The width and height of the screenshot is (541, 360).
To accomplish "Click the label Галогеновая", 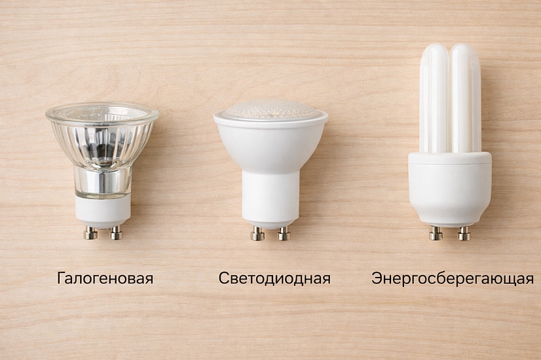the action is (105, 278).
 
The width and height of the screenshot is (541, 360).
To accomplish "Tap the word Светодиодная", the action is (274, 278).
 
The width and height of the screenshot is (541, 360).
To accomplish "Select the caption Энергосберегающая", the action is (453, 279).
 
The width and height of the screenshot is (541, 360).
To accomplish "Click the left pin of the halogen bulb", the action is (90, 233).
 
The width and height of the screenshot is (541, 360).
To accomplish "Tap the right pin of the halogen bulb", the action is (117, 233).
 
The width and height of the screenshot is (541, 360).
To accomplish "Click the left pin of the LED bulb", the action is (258, 234).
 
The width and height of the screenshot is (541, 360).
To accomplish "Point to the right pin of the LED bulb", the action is (284, 234).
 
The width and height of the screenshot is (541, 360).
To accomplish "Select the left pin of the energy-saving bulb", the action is (436, 234).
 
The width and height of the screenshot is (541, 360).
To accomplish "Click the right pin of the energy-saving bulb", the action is (464, 234).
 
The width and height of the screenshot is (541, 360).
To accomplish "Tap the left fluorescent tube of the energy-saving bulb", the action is (434, 98).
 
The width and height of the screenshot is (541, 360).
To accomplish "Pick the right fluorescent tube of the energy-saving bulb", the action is (466, 98).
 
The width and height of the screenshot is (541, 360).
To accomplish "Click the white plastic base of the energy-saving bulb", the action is (450, 189).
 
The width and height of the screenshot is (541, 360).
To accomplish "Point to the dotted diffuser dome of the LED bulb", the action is (270, 109).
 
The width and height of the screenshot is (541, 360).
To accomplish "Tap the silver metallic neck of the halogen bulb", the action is (103, 182).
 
